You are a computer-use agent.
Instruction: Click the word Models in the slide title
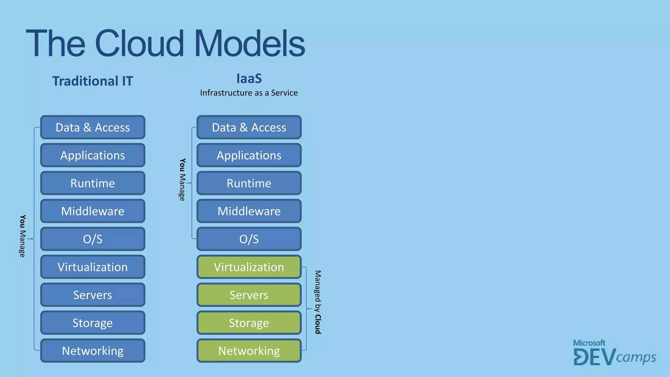click(250, 44)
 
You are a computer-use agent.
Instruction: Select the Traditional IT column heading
click(93, 81)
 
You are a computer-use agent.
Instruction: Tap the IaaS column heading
click(249, 79)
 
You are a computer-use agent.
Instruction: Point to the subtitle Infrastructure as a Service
click(249, 93)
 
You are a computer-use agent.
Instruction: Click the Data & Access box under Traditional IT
click(93, 127)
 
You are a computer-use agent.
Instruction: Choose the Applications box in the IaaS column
click(249, 155)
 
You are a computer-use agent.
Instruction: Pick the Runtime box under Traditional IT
click(93, 183)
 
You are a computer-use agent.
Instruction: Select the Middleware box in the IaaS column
click(249, 211)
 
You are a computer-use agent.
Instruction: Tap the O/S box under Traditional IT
click(93, 239)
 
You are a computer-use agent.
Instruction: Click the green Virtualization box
click(249, 267)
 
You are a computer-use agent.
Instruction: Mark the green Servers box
click(249, 295)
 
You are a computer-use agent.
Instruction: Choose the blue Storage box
click(93, 323)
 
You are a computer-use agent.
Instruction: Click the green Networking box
click(249, 351)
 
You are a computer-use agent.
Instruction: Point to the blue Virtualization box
click(93, 267)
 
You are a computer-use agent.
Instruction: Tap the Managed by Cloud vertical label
click(318, 302)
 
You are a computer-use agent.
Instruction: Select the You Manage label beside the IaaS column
click(182, 180)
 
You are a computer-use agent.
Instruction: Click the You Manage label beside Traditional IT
click(22, 236)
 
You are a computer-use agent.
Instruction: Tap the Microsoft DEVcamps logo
click(614, 353)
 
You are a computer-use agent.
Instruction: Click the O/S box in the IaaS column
click(249, 239)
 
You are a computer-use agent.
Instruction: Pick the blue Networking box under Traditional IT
click(93, 351)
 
